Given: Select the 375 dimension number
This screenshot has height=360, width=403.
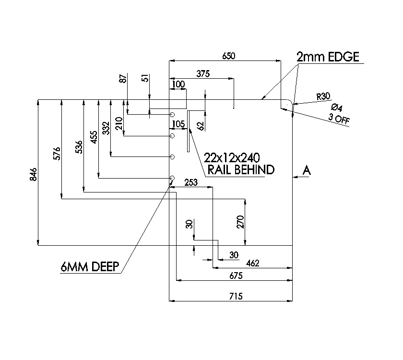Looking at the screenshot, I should (203, 73).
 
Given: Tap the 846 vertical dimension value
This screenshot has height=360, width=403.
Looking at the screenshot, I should (33, 174).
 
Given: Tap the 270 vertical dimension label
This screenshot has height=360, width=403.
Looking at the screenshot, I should (241, 221).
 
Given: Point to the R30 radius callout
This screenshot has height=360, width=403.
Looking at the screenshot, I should (323, 96).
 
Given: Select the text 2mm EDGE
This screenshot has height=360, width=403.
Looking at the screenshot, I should (328, 57).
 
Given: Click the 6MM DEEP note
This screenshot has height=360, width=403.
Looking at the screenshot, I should (90, 267).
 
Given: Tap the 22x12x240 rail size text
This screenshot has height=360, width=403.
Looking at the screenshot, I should (232, 157).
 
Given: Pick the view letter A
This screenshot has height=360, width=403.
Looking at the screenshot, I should (307, 170).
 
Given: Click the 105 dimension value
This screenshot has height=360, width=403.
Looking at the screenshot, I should (178, 124).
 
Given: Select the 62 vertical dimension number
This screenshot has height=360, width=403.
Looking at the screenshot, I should (201, 126).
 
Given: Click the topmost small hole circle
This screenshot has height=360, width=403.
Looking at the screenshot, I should (172, 115).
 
